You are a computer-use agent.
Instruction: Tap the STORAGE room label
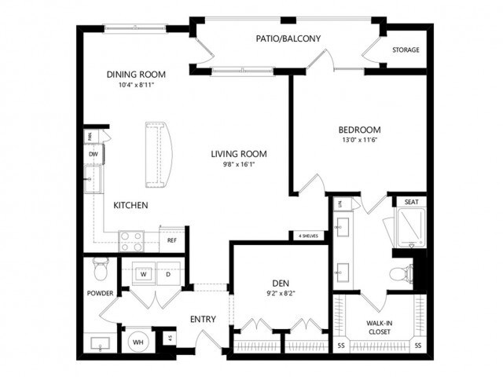pyautogui.click(x=406, y=50)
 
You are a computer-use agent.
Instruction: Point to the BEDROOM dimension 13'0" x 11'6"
pyautogui.click(x=359, y=141)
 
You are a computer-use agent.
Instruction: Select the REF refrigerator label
pyautogui.click(x=171, y=240)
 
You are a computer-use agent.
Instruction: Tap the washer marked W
pyautogui.click(x=145, y=274)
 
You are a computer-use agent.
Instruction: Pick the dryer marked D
pyautogui.click(x=167, y=274)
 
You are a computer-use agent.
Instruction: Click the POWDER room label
pyautogui.click(x=101, y=294)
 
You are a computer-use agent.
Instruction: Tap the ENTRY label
pyautogui.click(x=203, y=319)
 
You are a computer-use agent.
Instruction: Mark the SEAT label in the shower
pyautogui.click(x=410, y=203)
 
